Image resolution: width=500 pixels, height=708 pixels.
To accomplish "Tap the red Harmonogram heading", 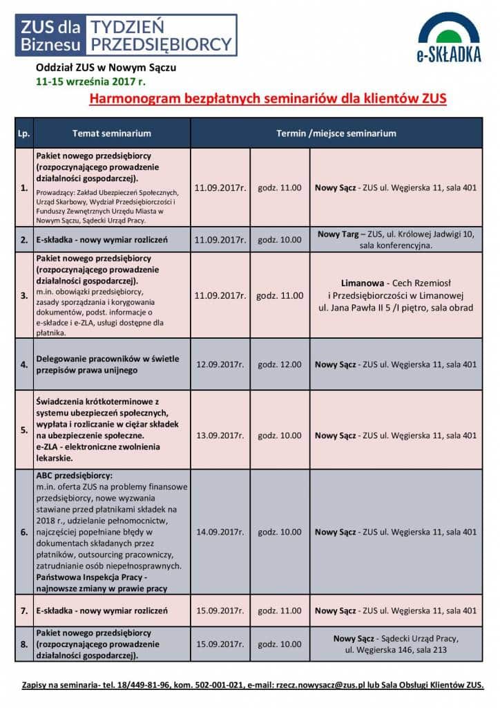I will pos(268,99).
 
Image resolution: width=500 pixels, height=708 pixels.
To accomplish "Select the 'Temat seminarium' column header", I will pos(111,133).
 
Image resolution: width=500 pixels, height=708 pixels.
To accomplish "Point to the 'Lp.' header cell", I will pos(24,133).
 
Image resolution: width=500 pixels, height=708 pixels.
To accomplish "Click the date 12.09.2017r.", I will pos(220,364).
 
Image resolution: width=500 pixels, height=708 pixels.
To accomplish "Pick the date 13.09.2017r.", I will pos(220,436).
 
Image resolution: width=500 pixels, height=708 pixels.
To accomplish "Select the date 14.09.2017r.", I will pos(220,532).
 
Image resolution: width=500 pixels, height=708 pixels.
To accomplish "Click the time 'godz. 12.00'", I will pos(279,364).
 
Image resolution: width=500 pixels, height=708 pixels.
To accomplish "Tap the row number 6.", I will pos(24,532).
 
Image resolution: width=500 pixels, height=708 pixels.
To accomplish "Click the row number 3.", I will pos(24,295).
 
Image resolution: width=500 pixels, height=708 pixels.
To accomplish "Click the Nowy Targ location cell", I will pos(396,239).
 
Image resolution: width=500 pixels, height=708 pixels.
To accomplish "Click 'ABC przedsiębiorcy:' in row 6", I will pos(74,475).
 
